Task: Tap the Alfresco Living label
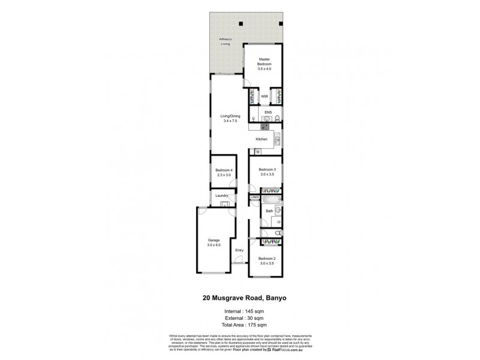click(x=225, y=41)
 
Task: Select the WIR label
click(x=264, y=97)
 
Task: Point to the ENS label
click(x=268, y=111)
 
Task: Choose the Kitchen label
click(x=261, y=139)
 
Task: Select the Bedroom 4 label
click(x=224, y=172)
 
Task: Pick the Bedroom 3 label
click(x=267, y=172)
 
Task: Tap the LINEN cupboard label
click(x=254, y=197)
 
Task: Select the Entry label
click(x=239, y=250)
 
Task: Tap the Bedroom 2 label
click(x=268, y=261)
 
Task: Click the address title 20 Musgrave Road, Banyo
click(x=239, y=296)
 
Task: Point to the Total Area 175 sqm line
click(x=239, y=325)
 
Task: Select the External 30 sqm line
click(x=239, y=318)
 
